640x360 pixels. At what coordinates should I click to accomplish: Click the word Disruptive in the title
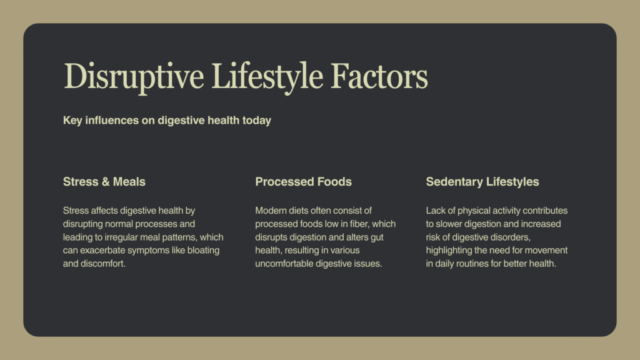click(x=134, y=77)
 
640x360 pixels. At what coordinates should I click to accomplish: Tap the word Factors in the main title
click(x=379, y=76)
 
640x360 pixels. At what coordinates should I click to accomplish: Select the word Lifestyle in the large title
click(x=267, y=77)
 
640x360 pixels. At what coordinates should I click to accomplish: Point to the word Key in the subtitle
click(x=72, y=121)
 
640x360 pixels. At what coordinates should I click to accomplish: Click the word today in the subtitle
click(x=257, y=121)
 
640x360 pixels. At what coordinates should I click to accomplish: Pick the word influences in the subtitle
click(x=112, y=121)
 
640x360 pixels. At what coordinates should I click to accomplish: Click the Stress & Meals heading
click(x=104, y=182)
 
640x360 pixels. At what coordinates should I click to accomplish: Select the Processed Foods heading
click(x=303, y=182)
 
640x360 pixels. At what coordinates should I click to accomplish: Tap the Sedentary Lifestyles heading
click(x=482, y=182)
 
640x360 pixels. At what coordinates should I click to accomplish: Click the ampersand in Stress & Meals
click(x=105, y=182)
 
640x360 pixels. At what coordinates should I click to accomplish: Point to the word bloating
click(x=203, y=250)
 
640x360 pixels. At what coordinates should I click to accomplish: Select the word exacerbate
click(x=102, y=250)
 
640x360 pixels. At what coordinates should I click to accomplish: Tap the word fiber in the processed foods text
click(x=359, y=224)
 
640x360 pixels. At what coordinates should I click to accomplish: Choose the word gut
click(x=377, y=237)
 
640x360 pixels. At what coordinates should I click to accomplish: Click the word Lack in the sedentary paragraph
click(x=436, y=211)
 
